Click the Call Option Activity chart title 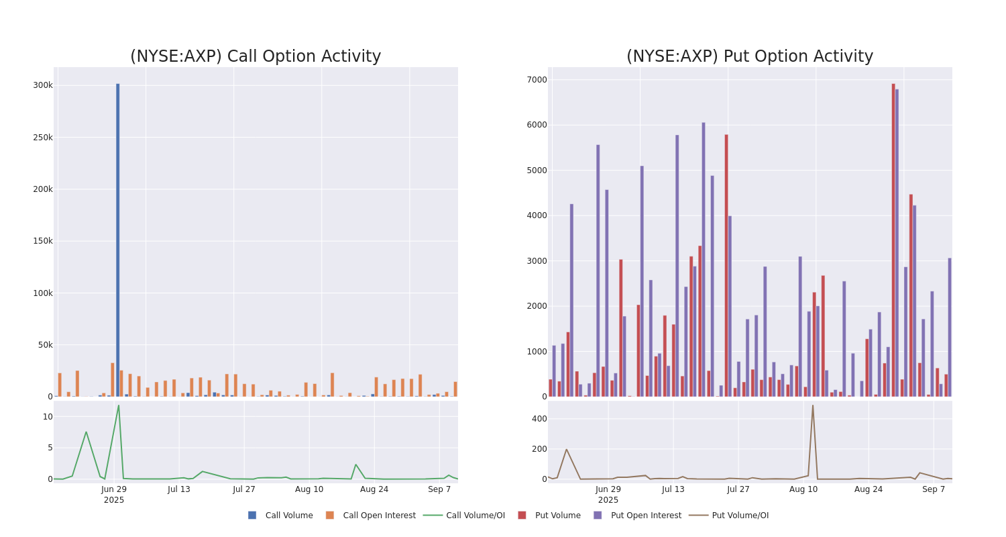pyautogui.click(x=256, y=57)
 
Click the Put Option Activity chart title pyautogui.click(x=750, y=57)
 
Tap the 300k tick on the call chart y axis pyautogui.click(x=43, y=85)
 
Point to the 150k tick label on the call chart pyautogui.click(x=43, y=241)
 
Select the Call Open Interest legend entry pyautogui.click(x=379, y=516)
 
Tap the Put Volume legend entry pyautogui.click(x=557, y=516)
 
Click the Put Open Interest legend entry pyautogui.click(x=645, y=516)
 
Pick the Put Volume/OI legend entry pyautogui.click(x=740, y=516)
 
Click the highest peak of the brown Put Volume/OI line pyautogui.click(x=813, y=405)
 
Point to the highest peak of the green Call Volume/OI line pyautogui.click(x=119, y=405)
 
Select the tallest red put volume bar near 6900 pyautogui.click(x=893, y=240)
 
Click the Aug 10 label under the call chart pyautogui.click(x=309, y=489)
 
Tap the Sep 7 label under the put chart pyautogui.click(x=934, y=489)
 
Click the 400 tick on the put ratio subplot pyautogui.click(x=539, y=419)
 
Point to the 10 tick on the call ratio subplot pyautogui.click(x=48, y=417)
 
